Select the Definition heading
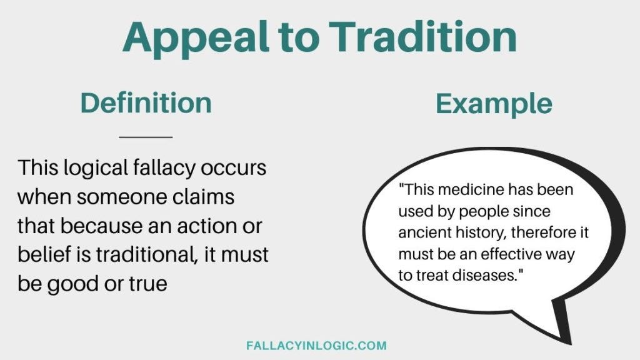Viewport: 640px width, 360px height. [146, 103]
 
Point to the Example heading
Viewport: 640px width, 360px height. [494, 103]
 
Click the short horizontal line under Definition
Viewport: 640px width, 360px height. [146, 137]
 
